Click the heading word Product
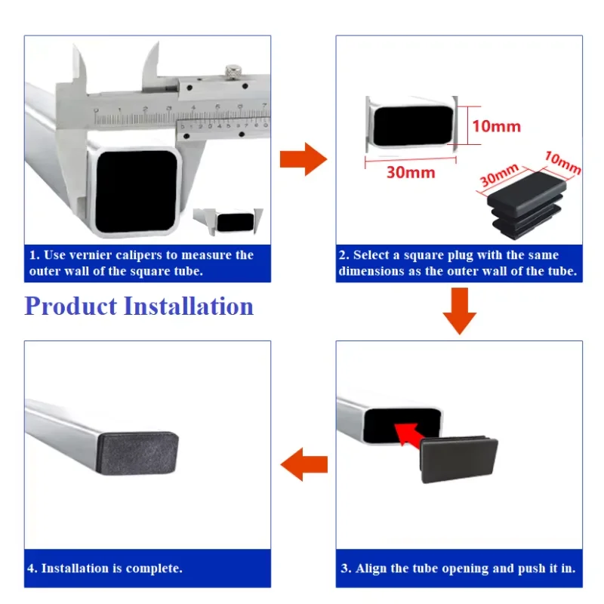(x=70, y=307)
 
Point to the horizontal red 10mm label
(x=496, y=126)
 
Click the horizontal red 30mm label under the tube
(x=411, y=172)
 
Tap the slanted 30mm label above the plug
(x=498, y=177)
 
